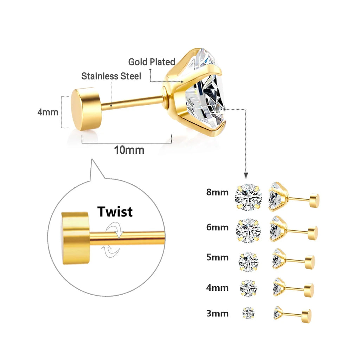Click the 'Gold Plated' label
click(152, 62)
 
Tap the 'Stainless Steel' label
click(111, 76)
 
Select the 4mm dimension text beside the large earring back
click(48, 112)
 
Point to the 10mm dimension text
click(129, 150)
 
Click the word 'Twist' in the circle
click(115, 212)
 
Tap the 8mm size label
click(217, 192)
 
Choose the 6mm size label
click(217, 227)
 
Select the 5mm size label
click(217, 257)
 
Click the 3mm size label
click(217, 313)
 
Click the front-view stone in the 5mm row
click(248, 261)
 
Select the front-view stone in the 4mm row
click(248, 288)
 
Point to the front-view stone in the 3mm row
click(248, 313)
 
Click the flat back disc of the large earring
click(86, 109)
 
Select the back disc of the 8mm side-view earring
click(314, 201)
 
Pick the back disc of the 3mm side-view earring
click(306, 316)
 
